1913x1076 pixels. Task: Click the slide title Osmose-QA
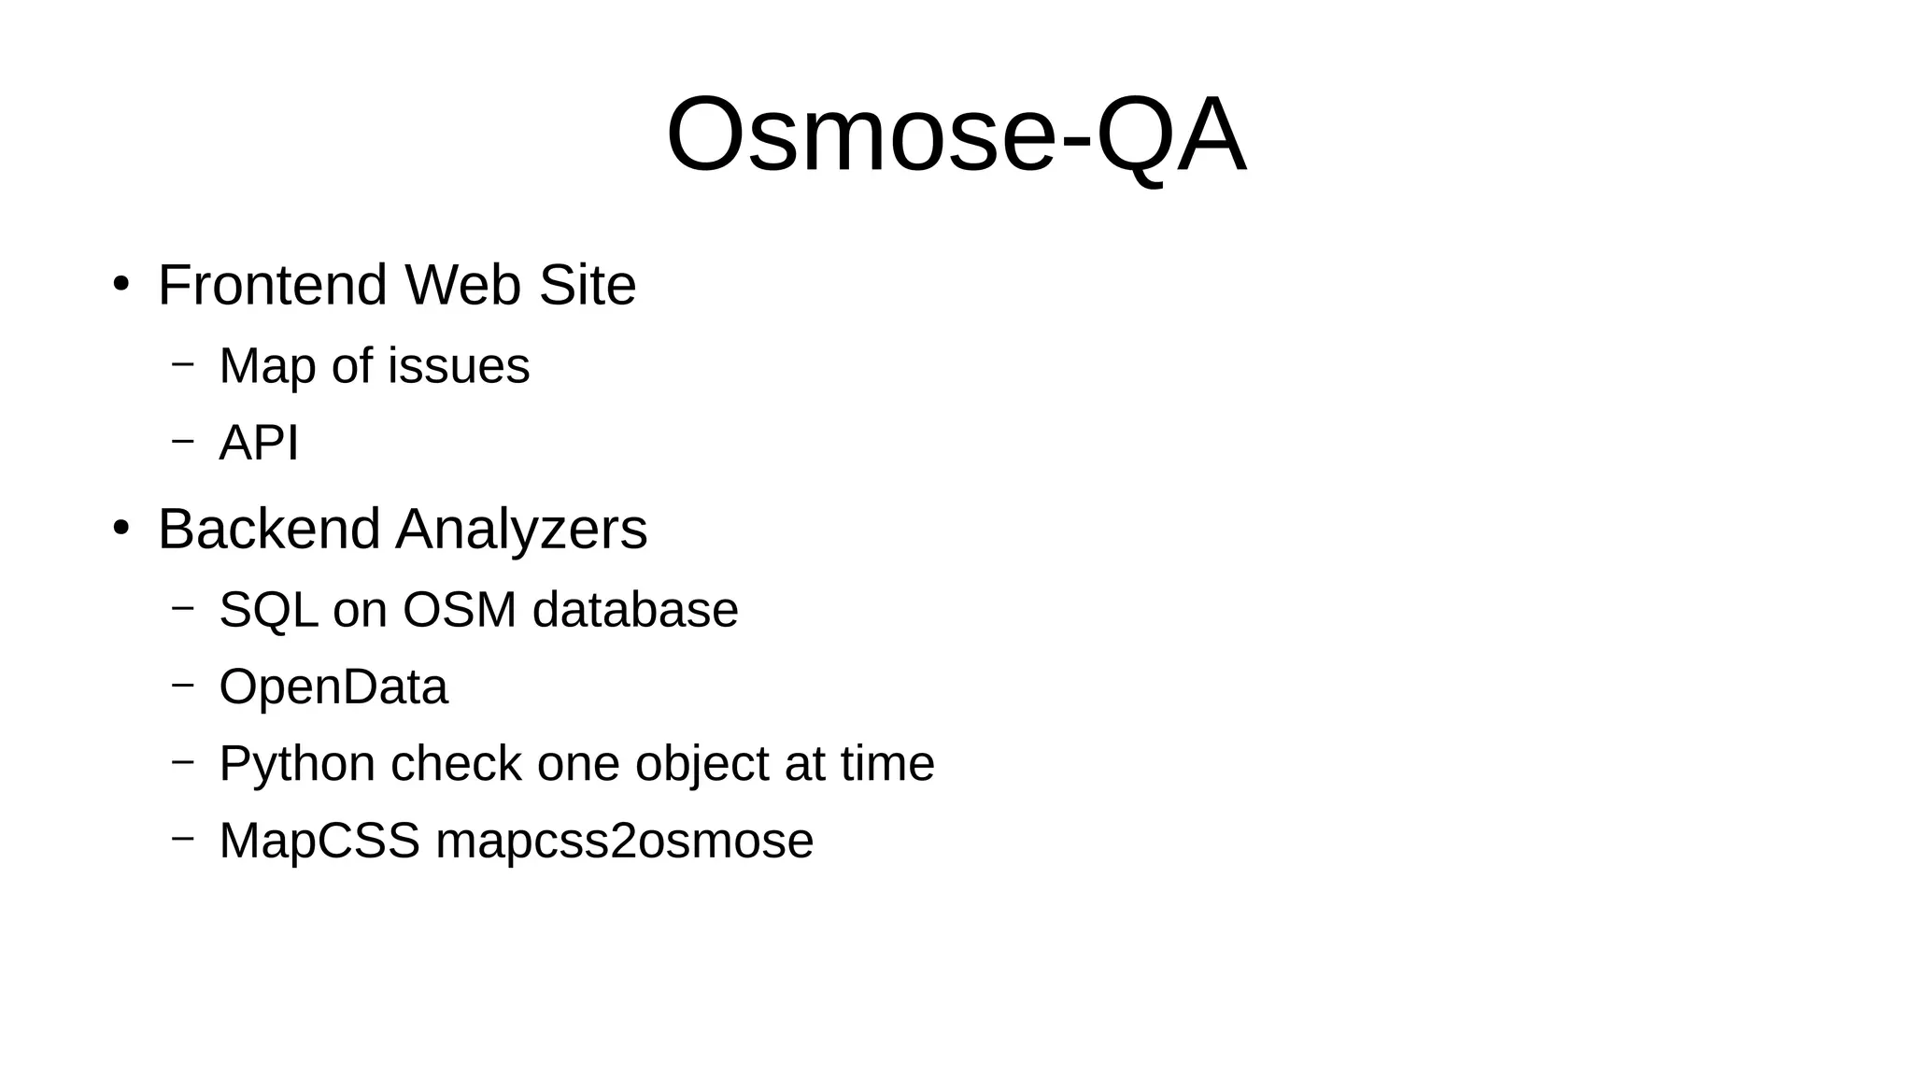coord(956,135)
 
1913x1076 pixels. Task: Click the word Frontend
coord(272,285)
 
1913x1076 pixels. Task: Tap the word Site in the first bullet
coord(588,285)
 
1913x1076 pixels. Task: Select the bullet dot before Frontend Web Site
coord(120,283)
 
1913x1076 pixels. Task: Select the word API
coord(259,443)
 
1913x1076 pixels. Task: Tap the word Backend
coord(269,529)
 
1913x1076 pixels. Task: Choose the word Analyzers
coord(521,531)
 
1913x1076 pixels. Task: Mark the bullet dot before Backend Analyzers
coord(120,528)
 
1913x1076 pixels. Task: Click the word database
coord(635,610)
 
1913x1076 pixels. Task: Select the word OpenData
coord(333,688)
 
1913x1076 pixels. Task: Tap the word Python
coord(297,765)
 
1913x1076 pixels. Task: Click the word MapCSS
coord(319,841)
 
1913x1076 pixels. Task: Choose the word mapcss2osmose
coord(624,842)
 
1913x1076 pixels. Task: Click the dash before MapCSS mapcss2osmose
coord(183,837)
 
